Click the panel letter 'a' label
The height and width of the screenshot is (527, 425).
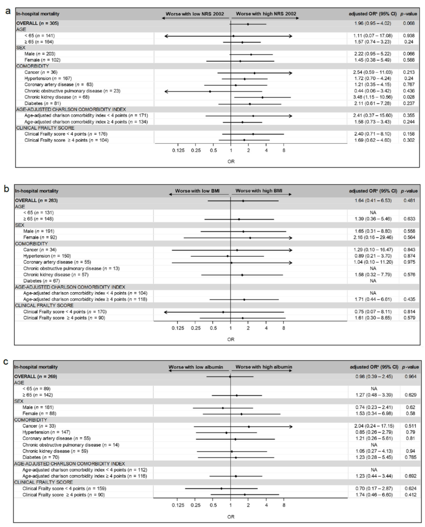(x=8, y=11)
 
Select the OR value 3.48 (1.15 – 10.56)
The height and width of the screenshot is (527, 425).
(x=373, y=97)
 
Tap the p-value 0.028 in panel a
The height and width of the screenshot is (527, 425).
(x=409, y=97)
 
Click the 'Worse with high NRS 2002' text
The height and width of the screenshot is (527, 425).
(x=266, y=14)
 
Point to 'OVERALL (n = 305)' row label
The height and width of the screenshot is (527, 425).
(x=37, y=23)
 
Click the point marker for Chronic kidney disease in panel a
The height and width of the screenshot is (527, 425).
(x=262, y=97)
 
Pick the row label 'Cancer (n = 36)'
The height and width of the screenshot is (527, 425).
(x=41, y=72)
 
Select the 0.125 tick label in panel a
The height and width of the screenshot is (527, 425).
(x=178, y=150)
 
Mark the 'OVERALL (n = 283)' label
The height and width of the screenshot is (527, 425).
(x=36, y=201)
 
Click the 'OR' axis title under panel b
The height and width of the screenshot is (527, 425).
(x=231, y=339)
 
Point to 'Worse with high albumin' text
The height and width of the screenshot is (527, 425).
(x=264, y=367)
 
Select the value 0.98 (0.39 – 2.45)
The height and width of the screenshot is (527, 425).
(x=374, y=376)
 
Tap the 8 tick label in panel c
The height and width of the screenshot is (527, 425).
(x=284, y=505)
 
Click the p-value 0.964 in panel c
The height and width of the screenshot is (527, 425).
(x=410, y=376)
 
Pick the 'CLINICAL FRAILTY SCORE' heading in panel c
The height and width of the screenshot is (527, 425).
(x=44, y=482)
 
